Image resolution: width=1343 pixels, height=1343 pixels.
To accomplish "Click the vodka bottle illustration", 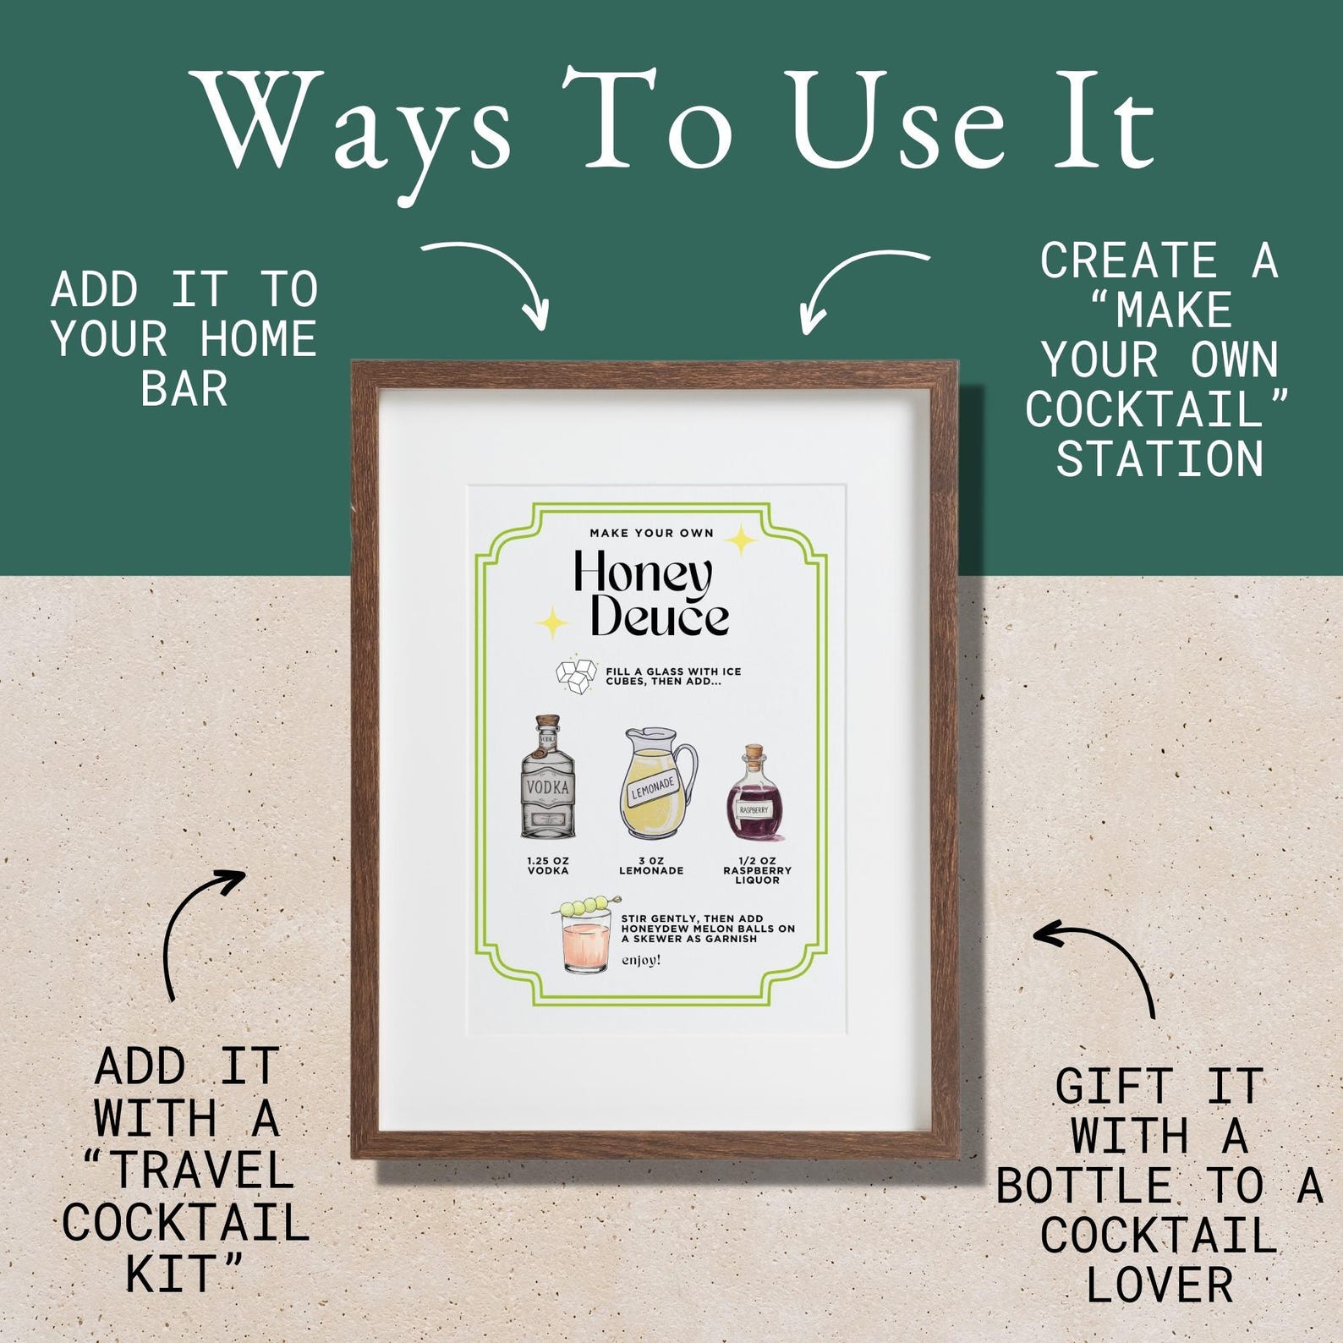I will pos(548,779).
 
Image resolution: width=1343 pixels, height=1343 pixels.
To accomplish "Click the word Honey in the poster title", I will pos(642,576).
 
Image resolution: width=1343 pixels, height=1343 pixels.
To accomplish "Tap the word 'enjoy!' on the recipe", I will pos(641,960).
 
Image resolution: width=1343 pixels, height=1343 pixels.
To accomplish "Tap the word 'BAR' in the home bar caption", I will pos(184,389).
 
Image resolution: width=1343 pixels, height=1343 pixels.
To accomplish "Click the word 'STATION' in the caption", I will pos(1159,459).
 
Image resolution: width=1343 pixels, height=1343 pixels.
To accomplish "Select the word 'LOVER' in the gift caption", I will pos(1159,1284).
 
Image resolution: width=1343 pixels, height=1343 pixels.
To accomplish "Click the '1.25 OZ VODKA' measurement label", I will pos(548,865).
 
